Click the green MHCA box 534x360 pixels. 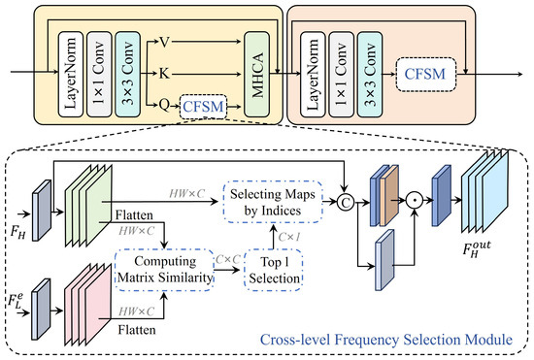click(257, 75)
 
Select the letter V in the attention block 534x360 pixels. click(164, 42)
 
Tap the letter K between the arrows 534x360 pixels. click(164, 73)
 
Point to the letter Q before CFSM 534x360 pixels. click(164, 105)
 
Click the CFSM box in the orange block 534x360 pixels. click(425, 74)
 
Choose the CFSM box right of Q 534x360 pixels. click(203, 107)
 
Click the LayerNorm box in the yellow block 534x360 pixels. click(71, 75)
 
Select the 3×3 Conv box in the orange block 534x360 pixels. click(370, 75)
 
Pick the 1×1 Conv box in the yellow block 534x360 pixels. click(99, 75)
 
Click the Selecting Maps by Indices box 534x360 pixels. click(273, 202)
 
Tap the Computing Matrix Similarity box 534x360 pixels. click(164, 270)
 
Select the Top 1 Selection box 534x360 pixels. click(274, 270)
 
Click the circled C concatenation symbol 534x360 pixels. click(346, 203)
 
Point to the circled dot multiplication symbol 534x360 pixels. click(415, 201)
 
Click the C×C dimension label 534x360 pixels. click(228, 260)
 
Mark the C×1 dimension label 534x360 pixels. click(289, 237)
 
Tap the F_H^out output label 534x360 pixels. click(477, 249)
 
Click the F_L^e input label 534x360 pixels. click(16, 300)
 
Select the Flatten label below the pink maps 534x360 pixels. click(137, 330)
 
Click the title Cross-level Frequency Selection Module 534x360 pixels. click(386, 340)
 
